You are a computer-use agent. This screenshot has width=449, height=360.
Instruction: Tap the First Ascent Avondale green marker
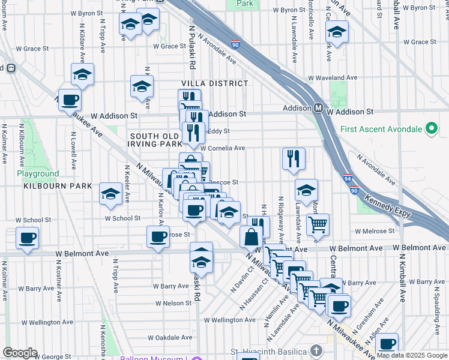[x=430, y=128]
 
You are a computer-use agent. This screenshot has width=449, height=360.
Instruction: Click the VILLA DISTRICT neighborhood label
[x=215, y=83]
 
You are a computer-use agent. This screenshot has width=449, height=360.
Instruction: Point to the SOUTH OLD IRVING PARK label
[x=156, y=140]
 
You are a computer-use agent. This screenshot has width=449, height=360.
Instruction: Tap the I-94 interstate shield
[x=348, y=178]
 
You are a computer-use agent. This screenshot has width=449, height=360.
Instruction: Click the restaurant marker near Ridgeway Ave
[x=294, y=159]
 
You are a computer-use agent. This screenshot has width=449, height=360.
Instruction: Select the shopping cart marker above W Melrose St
[x=318, y=225]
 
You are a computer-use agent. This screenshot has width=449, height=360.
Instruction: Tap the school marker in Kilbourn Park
[x=110, y=194]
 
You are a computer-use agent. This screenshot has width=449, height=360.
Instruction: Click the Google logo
[x=20, y=353]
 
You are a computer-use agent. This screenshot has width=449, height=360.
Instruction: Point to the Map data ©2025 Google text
[x=412, y=355]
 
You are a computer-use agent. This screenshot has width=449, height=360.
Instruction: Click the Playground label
[x=38, y=174]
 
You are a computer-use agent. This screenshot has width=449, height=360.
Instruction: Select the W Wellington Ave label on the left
[x=34, y=322]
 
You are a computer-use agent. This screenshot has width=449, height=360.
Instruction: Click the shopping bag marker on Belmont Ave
[x=250, y=237]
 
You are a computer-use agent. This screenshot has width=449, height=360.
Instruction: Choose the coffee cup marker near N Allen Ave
[x=388, y=344]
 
